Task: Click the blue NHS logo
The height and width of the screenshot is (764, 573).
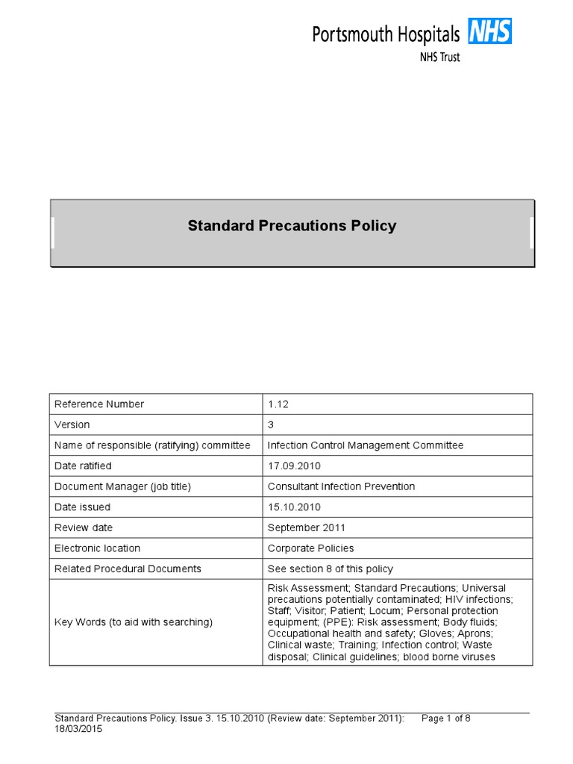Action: point(489,31)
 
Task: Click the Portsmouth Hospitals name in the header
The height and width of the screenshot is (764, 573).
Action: point(385,34)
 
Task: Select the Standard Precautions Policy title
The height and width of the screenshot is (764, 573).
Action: point(292,225)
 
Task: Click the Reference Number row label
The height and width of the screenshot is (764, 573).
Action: point(99,404)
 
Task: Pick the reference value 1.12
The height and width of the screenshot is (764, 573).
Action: point(278,404)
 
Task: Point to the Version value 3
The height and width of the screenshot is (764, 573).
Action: point(272,425)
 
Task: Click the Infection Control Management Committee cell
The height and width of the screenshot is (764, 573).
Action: point(366,445)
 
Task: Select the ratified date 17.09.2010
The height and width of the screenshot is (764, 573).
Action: point(294,466)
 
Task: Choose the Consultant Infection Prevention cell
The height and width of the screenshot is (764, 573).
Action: point(341,486)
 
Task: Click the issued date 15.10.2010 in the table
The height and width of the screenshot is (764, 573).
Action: point(294,507)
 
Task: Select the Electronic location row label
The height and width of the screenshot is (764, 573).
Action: point(98,548)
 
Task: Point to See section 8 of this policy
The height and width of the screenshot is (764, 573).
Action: point(331,569)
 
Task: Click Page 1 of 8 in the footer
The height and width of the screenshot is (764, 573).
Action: point(446,718)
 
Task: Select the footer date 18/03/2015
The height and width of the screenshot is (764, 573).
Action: point(78,729)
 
